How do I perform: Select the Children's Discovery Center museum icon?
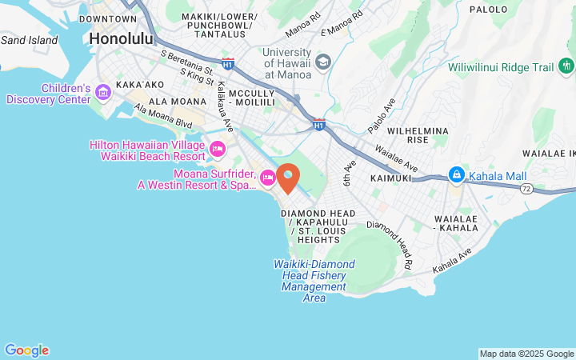point(102,94)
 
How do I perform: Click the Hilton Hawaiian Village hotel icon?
point(217,150)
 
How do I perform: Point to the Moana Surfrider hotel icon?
point(268,177)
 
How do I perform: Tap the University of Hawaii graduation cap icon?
point(323,62)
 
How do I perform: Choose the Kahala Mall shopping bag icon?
point(456,174)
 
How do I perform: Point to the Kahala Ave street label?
point(453,261)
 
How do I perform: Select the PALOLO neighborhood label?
point(488,10)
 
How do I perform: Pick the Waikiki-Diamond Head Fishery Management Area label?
point(314,281)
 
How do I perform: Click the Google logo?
point(26,350)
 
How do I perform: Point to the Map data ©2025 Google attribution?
point(526,354)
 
